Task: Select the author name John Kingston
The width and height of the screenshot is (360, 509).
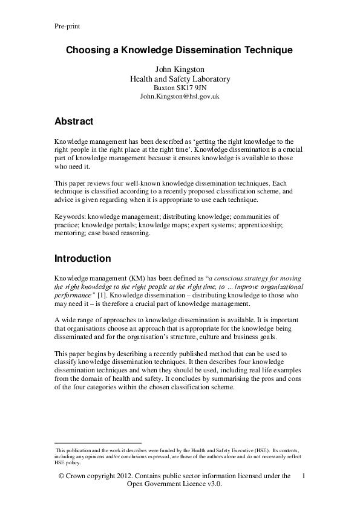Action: tap(180, 70)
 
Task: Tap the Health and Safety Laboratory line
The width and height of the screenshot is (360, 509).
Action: tap(180, 79)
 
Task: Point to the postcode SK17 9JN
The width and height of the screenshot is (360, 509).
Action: tap(191, 87)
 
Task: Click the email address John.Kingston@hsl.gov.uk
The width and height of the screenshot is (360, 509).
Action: tap(180, 96)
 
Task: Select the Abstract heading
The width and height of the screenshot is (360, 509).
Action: tap(74, 122)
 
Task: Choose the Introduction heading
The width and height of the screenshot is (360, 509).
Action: tap(82, 259)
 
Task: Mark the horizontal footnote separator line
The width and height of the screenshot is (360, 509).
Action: tap(97, 443)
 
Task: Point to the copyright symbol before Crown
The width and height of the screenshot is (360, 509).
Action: tap(61, 476)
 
